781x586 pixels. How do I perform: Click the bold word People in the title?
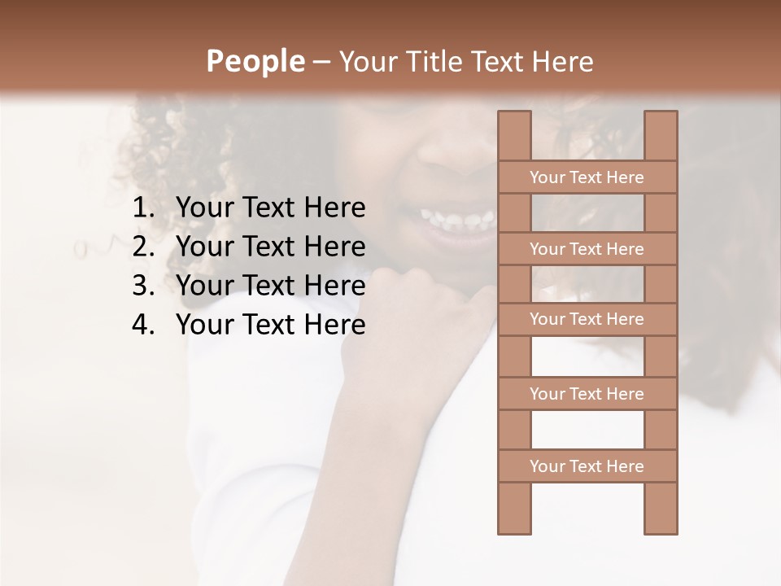tap(255, 61)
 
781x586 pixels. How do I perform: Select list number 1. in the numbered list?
tap(143, 208)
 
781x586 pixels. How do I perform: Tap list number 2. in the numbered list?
tap(143, 247)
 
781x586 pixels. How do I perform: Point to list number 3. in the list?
tap(143, 286)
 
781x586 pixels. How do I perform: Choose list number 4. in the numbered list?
tap(143, 325)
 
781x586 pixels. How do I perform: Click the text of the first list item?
tap(270, 208)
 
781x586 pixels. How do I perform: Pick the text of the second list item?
tap(270, 247)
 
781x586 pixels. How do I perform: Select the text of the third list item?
tap(270, 286)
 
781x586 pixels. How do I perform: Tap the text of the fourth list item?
tap(270, 325)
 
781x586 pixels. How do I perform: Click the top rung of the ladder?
tap(587, 177)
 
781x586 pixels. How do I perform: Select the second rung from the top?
tap(587, 249)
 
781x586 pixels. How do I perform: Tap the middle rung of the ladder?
tap(587, 320)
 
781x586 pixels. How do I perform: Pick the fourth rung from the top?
tap(587, 394)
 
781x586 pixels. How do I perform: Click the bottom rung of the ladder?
tap(587, 466)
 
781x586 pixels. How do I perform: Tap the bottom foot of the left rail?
tap(514, 524)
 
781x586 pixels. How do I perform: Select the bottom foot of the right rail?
tap(661, 524)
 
